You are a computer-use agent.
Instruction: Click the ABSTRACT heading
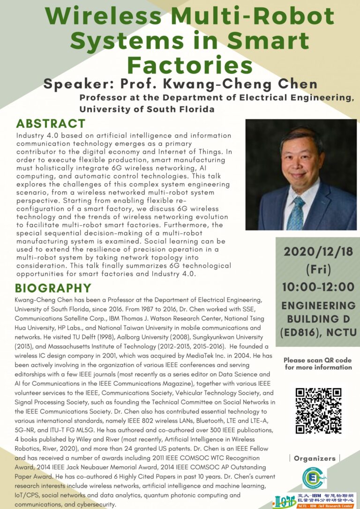coord(51,124)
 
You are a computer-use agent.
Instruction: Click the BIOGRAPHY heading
coord(53,288)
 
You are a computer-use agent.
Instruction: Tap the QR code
coord(318,411)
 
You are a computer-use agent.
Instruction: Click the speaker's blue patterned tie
coord(296,213)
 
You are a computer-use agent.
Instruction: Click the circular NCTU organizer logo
coord(315,478)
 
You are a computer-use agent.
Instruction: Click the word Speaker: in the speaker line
coord(81,85)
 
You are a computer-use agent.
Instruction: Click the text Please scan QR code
coord(318,360)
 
